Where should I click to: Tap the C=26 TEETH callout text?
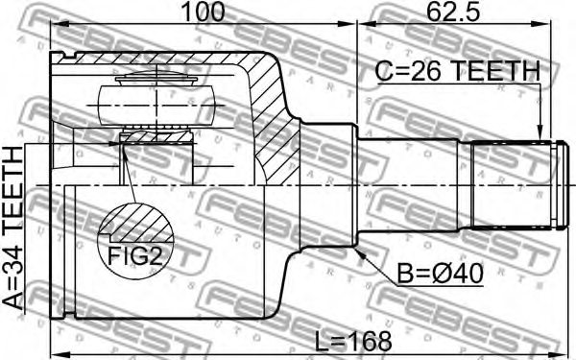[x=458, y=71]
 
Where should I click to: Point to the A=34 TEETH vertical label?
[x=13, y=228]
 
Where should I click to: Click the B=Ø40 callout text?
[x=441, y=274]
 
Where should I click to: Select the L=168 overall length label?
[x=353, y=341]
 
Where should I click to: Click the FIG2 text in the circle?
[x=134, y=255]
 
